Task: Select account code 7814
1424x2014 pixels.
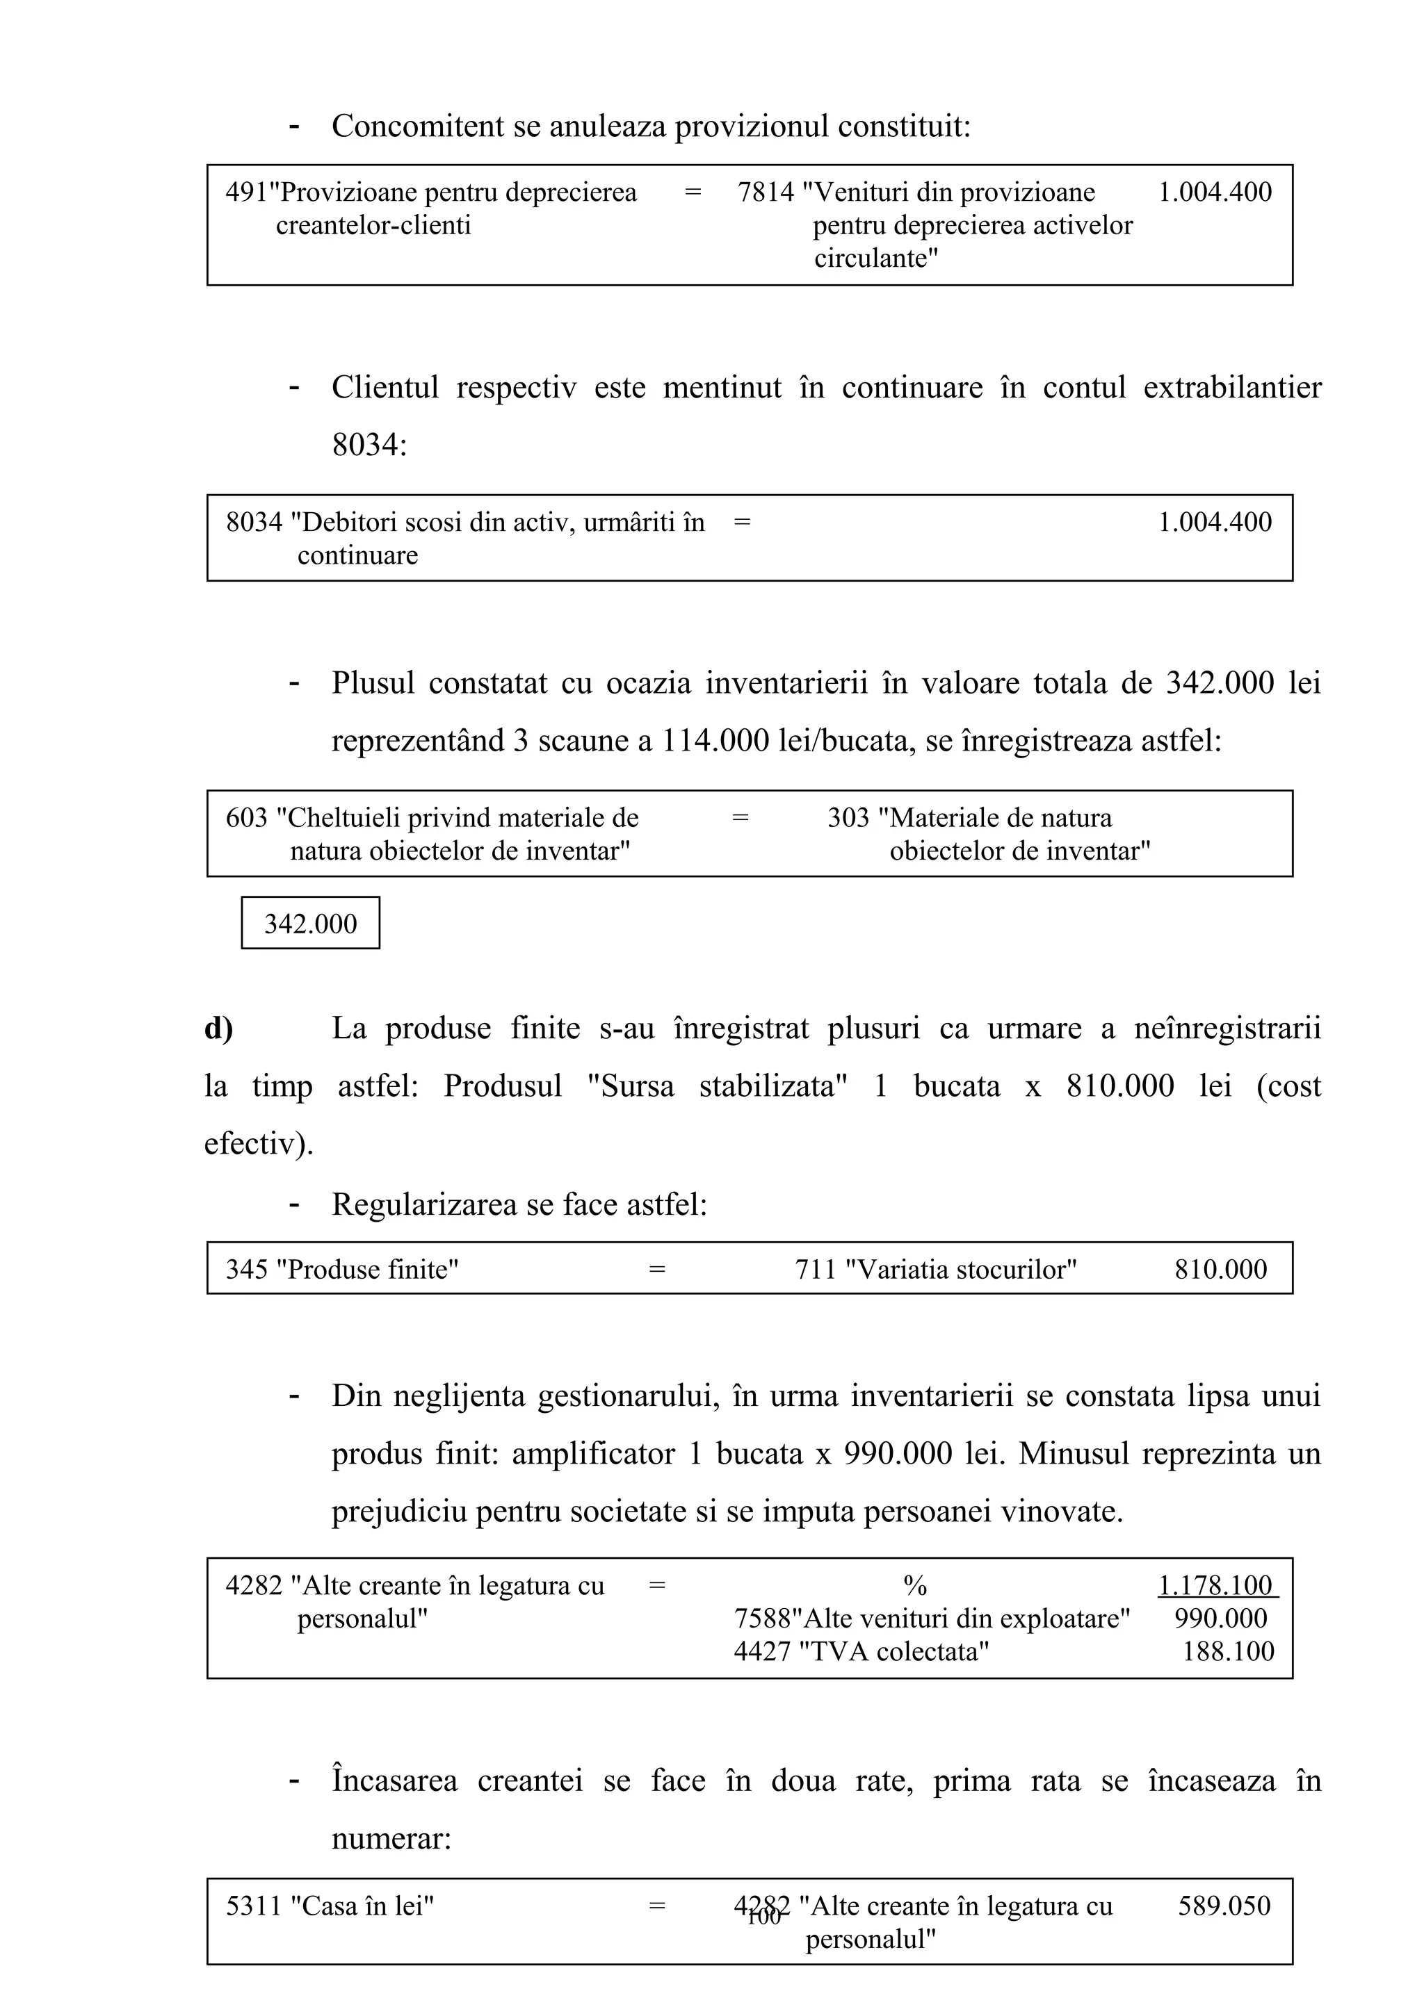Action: pos(765,192)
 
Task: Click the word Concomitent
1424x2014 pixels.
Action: pos(412,126)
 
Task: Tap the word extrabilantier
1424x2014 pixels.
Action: pos(1232,387)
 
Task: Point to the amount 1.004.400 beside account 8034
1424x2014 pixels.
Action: pos(1214,522)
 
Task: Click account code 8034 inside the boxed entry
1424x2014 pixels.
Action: pos(254,522)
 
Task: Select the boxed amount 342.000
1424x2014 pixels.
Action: pos(311,924)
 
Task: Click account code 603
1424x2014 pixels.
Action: pos(247,817)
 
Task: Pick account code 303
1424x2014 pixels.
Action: pos(848,817)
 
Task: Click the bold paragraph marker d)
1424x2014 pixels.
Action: pos(218,1028)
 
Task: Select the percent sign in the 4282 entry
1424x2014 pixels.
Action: pos(915,1585)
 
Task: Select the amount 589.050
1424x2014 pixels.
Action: pos(1223,1905)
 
